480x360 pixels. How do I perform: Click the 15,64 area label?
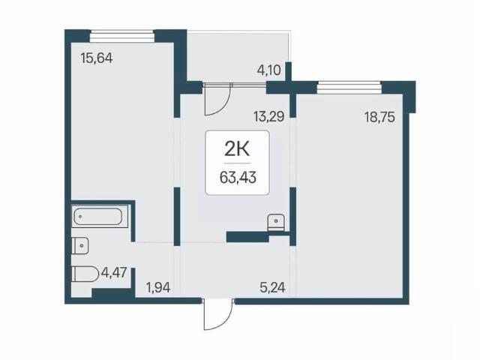tap(97, 58)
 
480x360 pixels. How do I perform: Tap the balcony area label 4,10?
tap(268, 70)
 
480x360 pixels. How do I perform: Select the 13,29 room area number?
tap(268, 117)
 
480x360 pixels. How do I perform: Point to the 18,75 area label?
tap(379, 117)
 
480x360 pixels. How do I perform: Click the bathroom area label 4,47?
tap(114, 272)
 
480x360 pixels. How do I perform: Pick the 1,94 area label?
tap(158, 288)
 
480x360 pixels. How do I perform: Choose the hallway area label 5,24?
tap(272, 287)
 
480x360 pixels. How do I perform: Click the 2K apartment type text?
tap(237, 149)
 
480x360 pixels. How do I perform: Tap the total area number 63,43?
tap(238, 177)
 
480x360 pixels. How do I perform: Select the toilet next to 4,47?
tap(85, 273)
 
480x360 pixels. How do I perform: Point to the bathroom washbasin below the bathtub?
tap(80, 245)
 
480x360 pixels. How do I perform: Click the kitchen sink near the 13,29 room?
tap(276, 222)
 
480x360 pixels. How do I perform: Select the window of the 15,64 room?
tap(121, 36)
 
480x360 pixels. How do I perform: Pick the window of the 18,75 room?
tap(349, 88)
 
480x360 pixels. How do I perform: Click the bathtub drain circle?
tap(80, 217)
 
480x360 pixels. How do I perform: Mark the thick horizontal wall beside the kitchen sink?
tap(247, 237)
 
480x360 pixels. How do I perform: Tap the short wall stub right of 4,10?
tap(288, 71)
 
